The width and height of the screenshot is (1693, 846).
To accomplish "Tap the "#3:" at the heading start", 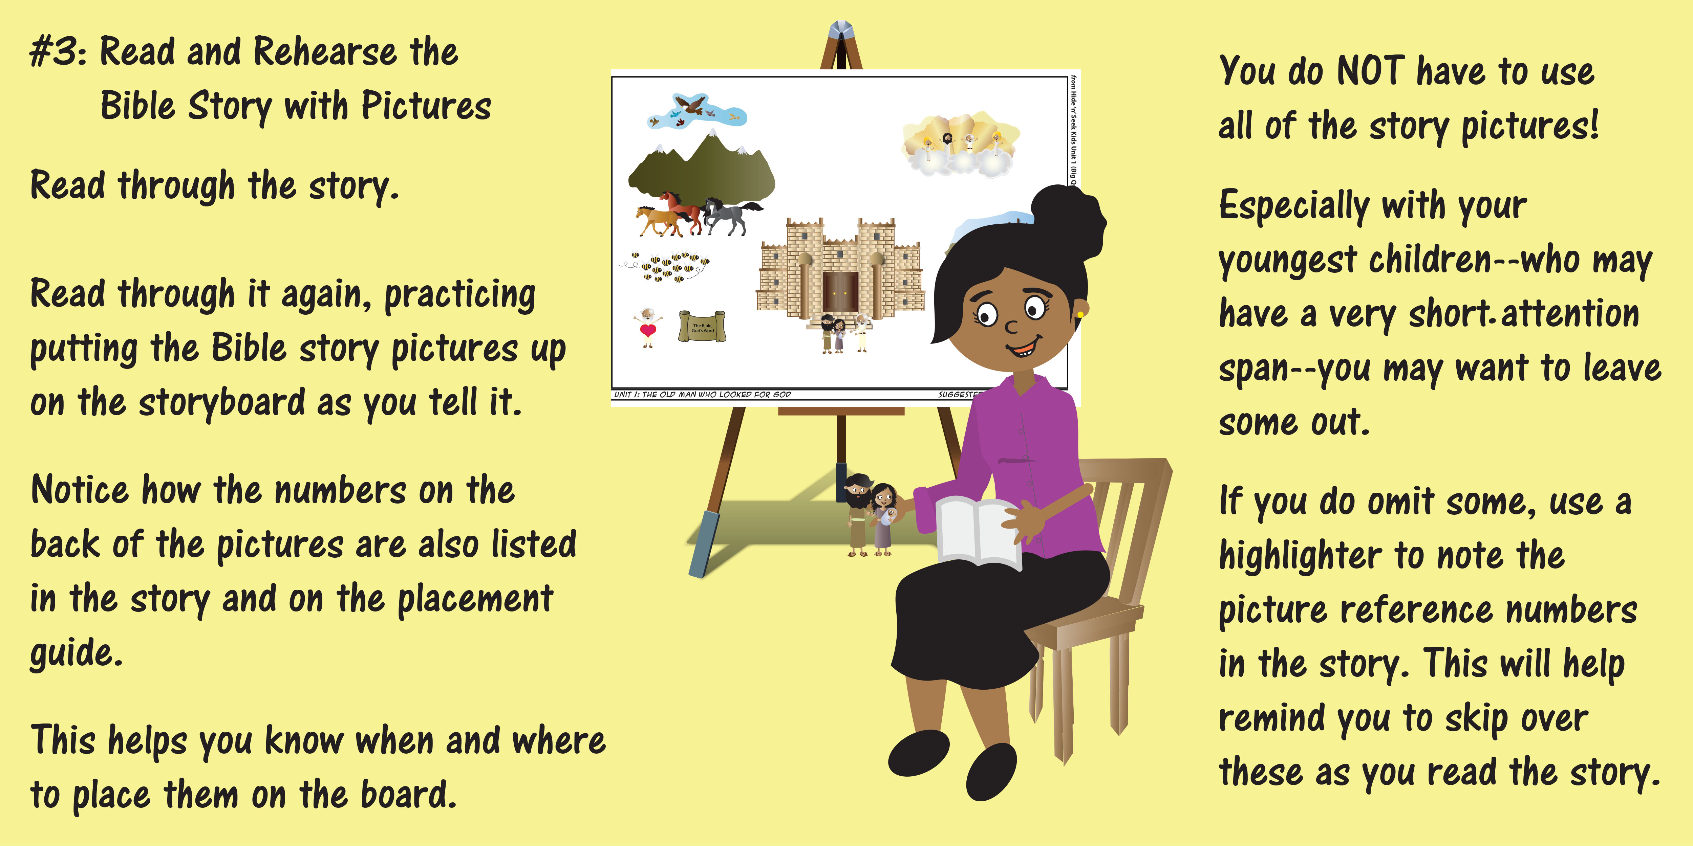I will [58, 52].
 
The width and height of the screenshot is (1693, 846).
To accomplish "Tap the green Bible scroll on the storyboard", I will [702, 327].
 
